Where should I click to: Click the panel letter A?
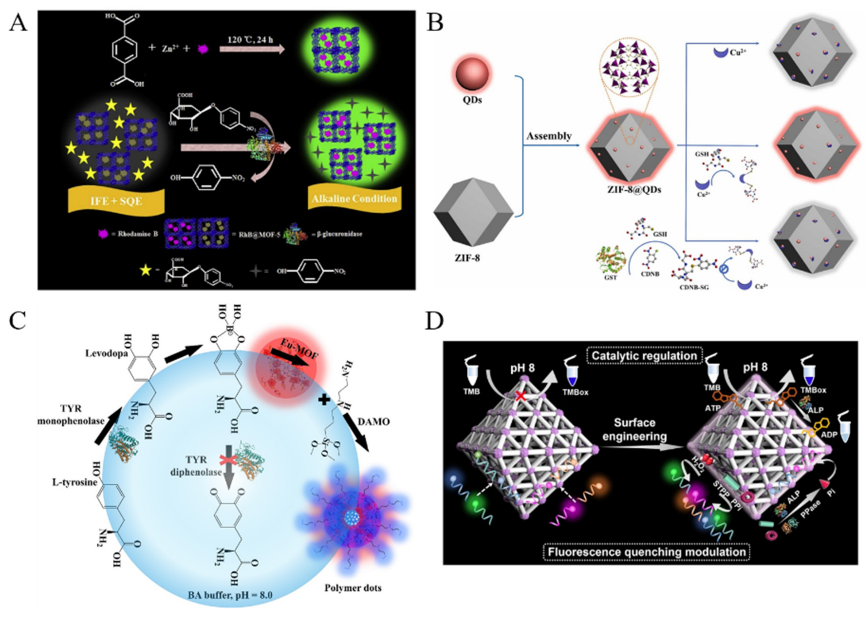(x=18, y=24)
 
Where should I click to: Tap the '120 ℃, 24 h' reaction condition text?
(x=250, y=40)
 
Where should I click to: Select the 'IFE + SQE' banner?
(x=116, y=200)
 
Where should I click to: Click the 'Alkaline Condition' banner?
(x=354, y=198)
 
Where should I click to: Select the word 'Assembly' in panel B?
(x=549, y=136)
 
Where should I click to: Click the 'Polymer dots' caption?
(x=353, y=588)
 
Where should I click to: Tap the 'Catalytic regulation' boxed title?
(x=644, y=356)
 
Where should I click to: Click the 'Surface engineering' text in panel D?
(x=634, y=429)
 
